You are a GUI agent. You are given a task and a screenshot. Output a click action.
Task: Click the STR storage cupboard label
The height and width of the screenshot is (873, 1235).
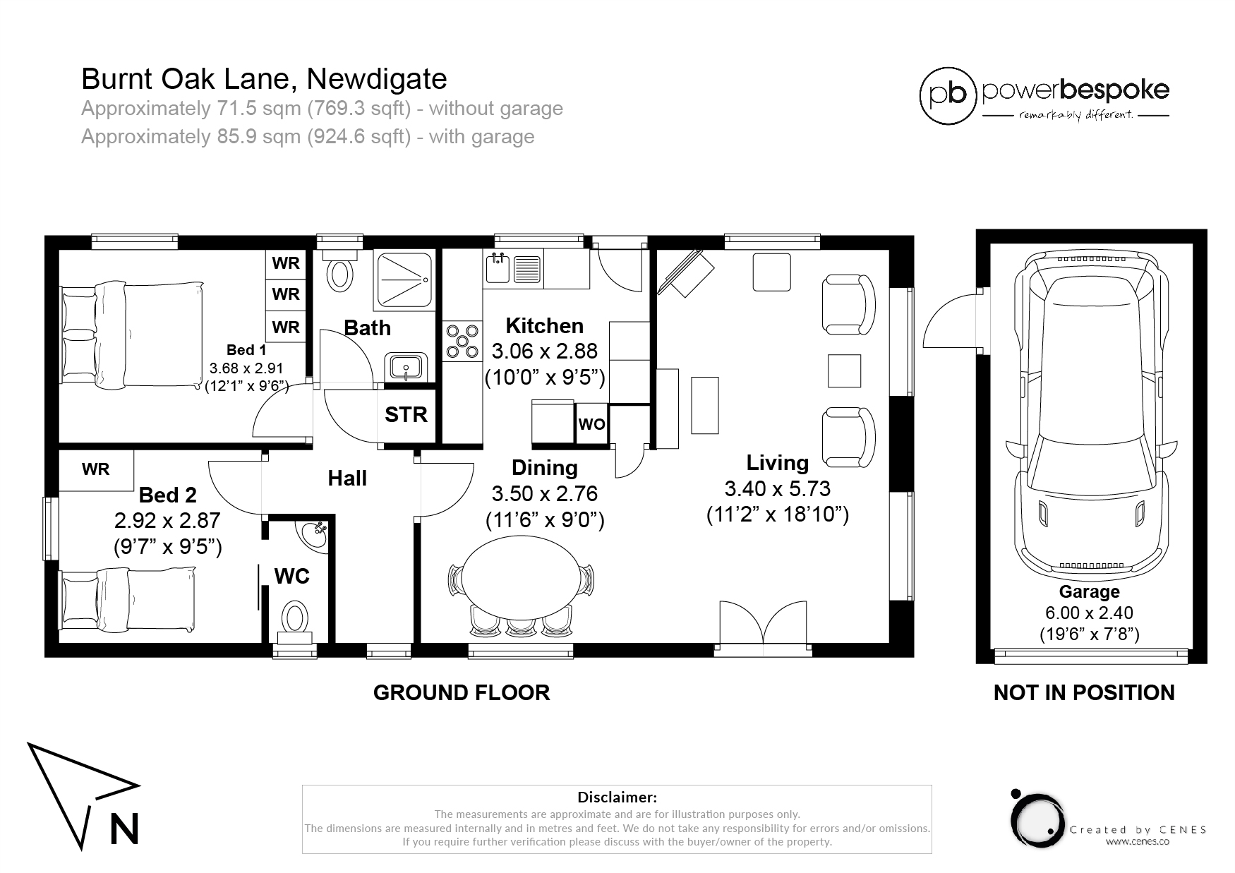pyautogui.click(x=406, y=414)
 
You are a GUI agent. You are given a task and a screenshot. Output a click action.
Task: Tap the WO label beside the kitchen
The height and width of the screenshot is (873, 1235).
pyautogui.click(x=591, y=424)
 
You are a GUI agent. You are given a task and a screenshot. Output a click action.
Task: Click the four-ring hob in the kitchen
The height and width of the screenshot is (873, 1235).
pyautogui.click(x=462, y=342)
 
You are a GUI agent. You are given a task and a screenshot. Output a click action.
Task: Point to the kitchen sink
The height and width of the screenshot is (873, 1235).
pyautogui.click(x=498, y=268)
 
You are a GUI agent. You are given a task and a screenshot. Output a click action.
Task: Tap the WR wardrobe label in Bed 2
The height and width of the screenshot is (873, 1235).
pyautogui.click(x=95, y=469)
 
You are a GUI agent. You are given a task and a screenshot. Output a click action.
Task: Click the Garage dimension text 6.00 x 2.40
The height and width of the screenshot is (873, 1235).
pyautogui.click(x=1089, y=613)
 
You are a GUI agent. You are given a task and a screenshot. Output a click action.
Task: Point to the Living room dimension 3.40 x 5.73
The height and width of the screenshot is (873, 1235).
pyautogui.click(x=777, y=488)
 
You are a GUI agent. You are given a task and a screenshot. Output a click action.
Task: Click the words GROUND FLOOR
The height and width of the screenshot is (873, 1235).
pyautogui.click(x=462, y=692)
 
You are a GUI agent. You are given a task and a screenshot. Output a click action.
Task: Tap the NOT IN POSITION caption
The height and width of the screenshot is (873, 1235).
pyautogui.click(x=1084, y=692)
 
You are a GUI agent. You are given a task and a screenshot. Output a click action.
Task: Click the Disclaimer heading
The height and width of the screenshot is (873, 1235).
pyautogui.click(x=617, y=797)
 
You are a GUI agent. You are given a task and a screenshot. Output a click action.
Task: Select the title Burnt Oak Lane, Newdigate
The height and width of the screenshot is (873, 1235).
pyautogui.click(x=264, y=79)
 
